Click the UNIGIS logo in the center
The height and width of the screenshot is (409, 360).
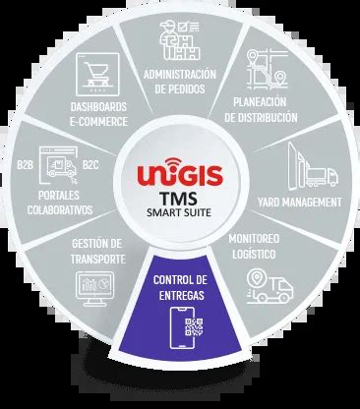[x=179, y=174]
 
